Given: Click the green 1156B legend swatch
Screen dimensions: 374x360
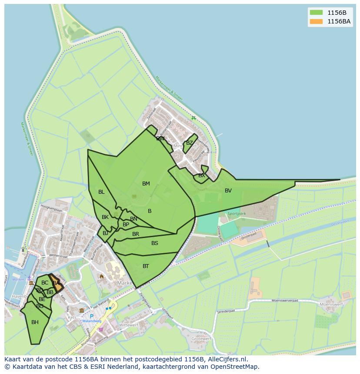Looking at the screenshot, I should [316, 13].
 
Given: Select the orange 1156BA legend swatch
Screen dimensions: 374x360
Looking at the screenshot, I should [316, 21].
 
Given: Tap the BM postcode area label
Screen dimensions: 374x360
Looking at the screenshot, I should [146, 184].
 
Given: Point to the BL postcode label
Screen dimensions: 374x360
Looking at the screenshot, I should [101, 192].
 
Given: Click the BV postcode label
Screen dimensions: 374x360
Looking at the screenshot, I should [228, 191].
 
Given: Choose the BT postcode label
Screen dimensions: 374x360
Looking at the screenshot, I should [146, 266].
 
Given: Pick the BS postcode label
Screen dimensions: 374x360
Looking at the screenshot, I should [155, 243].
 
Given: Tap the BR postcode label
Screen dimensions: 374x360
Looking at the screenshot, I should [136, 234].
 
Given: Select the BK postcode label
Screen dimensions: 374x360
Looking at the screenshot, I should [105, 217].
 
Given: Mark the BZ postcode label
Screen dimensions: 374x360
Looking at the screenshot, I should [190, 143].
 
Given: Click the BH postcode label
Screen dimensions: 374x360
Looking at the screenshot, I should [35, 322].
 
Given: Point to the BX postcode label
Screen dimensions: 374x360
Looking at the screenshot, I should [202, 176].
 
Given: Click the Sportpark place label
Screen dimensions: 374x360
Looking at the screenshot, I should [237, 214].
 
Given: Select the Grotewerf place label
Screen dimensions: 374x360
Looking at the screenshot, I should [201, 338].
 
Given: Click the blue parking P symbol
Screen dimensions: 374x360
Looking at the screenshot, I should [92, 316].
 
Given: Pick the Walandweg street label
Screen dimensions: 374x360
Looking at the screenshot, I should [92, 321].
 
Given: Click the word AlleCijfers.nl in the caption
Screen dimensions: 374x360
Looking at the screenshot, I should [227, 359].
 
